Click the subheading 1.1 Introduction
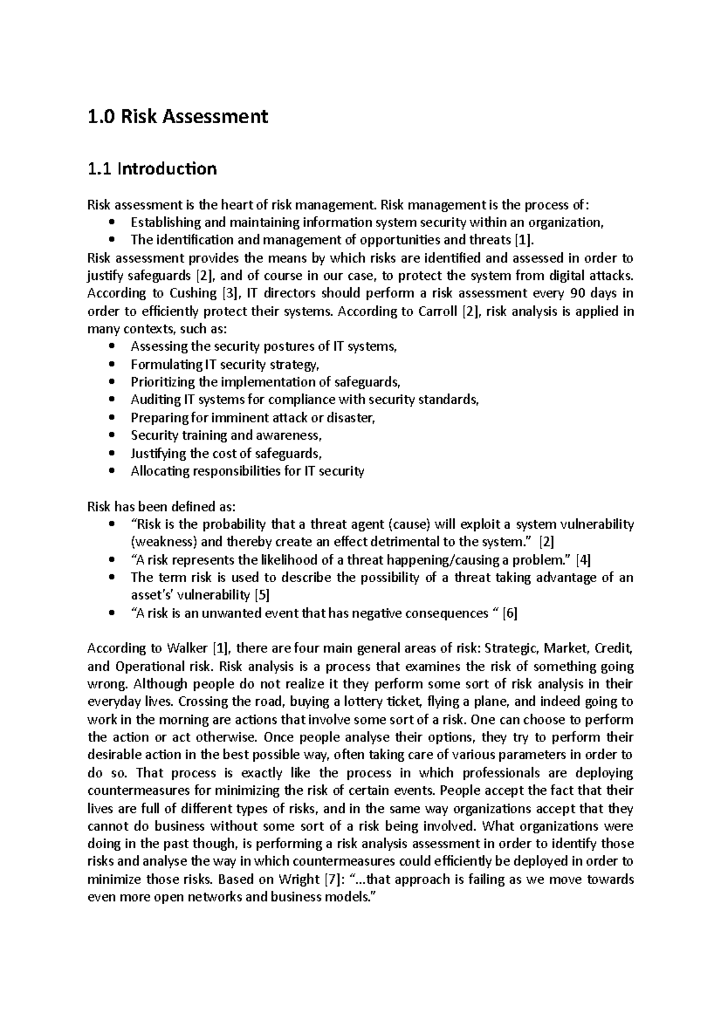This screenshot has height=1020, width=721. pyautogui.click(x=151, y=169)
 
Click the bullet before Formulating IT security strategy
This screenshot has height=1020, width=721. pyautogui.click(x=112, y=365)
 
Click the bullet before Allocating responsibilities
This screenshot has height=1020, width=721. pyautogui.click(x=112, y=472)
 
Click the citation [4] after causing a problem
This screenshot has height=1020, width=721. pyautogui.click(x=583, y=560)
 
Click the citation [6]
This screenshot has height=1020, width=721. pyautogui.click(x=510, y=614)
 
